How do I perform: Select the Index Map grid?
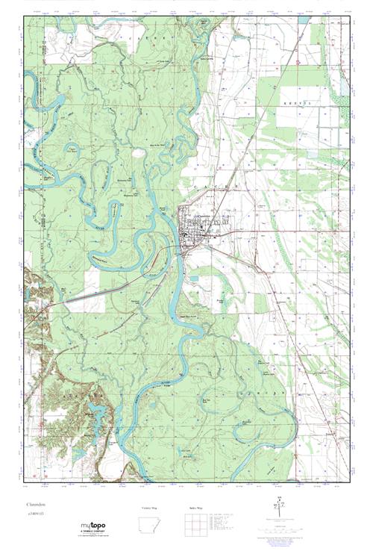click(196, 532)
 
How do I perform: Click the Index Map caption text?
click(196, 508)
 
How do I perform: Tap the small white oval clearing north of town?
click(139, 152)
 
